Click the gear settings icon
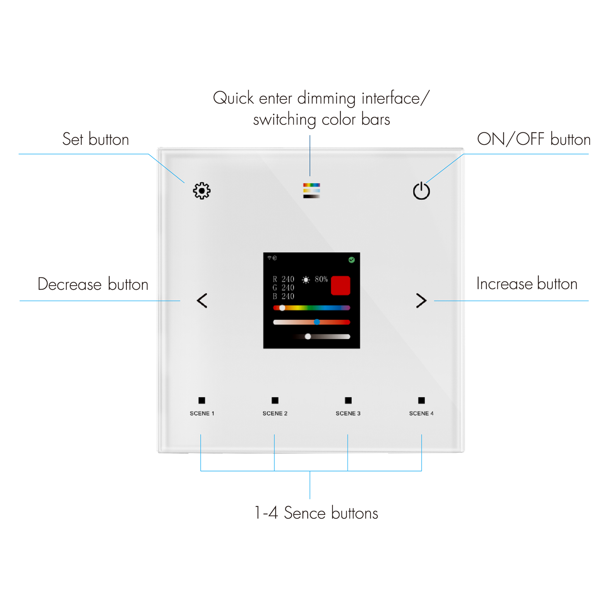coord(202,191)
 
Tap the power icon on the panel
coord(421,191)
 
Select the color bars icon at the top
coord(311,190)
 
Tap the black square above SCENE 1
coord(202,400)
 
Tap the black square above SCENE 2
coord(275,400)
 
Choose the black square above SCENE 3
coord(348,400)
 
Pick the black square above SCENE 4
coord(421,400)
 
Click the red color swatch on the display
coord(340,286)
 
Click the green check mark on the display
coord(352,260)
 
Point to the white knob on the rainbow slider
coord(282,308)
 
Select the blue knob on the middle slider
coord(317,322)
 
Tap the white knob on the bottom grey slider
coord(308,336)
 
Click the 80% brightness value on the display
coord(321,279)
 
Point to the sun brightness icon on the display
coord(306,280)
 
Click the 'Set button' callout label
coord(96,139)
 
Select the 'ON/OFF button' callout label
coord(534,139)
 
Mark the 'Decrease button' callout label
coord(93,284)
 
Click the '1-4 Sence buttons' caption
coord(316,513)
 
